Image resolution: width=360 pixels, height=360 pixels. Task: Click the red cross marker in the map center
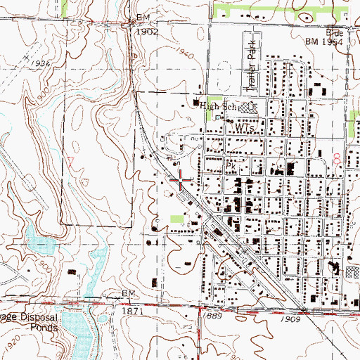180,181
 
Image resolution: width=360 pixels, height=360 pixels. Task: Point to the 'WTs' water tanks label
244,130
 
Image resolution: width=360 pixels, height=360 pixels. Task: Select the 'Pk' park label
231,166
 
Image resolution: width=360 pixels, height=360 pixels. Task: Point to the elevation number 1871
131,311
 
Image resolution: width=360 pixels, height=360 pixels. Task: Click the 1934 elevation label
22,63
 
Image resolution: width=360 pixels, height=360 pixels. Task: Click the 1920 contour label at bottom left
10,347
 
